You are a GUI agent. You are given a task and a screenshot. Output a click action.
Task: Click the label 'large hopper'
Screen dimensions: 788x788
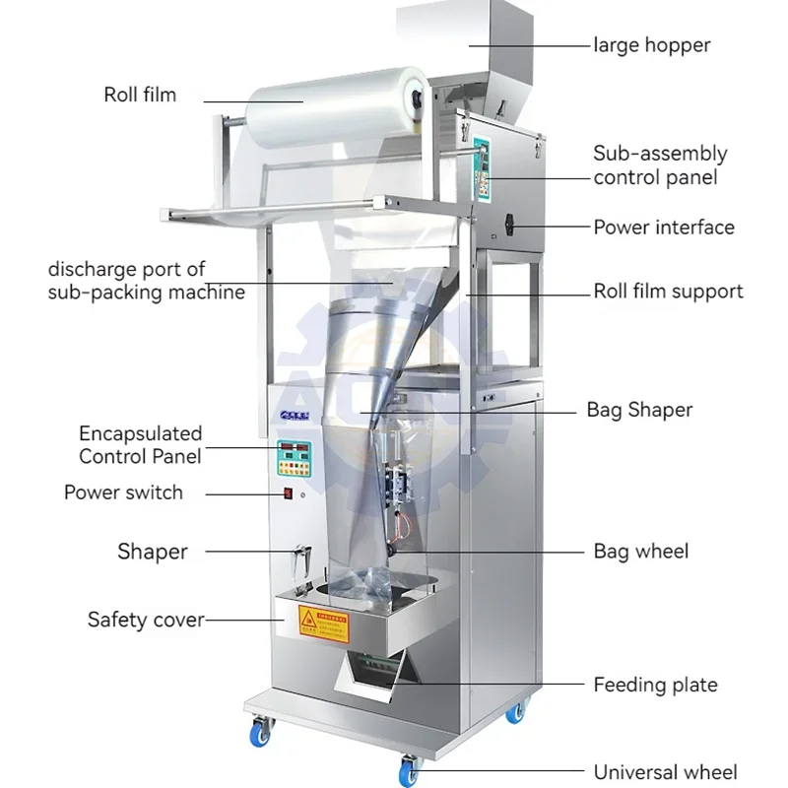coord(651,44)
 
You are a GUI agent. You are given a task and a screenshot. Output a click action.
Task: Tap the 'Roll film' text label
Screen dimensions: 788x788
coord(140,95)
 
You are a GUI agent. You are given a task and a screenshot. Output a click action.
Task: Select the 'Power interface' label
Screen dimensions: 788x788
coord(663,228)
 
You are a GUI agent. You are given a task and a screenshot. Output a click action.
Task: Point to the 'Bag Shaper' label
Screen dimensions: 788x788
coord(639,409)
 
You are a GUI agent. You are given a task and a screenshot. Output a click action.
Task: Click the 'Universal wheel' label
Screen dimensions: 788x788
coord(665,772)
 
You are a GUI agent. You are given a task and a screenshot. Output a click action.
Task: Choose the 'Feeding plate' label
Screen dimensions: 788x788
coord(655,685)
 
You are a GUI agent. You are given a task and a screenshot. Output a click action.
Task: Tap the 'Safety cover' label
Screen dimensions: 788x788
coord(146,620)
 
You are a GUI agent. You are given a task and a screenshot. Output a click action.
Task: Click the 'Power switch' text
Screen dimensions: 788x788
coord(123,492)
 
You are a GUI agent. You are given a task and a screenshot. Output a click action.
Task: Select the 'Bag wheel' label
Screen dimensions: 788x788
coord(640,551)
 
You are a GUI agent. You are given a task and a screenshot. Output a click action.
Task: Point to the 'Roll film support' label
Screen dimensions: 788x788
coord(668,291)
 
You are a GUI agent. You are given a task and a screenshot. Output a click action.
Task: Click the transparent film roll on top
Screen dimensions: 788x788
coord(335,98)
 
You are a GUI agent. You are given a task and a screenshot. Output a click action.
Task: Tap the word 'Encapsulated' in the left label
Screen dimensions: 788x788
coord(141,433)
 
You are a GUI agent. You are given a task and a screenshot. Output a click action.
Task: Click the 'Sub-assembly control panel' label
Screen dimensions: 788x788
coord(660,165)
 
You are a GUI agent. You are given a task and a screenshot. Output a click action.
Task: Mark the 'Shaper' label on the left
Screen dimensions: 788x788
coord(152,552)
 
